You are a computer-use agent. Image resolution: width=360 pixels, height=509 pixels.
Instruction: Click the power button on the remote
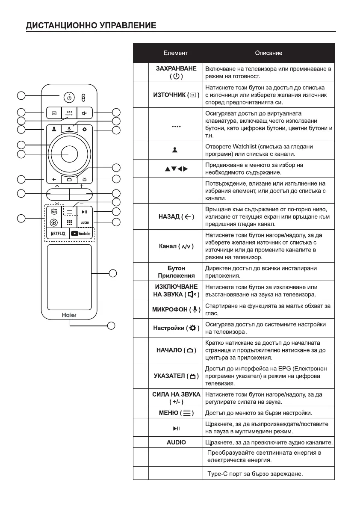(69, 98)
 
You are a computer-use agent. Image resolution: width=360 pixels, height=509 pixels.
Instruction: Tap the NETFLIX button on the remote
(58, 234)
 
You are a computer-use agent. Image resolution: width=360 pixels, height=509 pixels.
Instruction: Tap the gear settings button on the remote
(84, 130)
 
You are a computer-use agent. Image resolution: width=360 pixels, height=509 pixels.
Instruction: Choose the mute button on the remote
(84, 114)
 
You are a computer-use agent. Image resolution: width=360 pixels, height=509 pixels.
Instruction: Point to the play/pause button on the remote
(85, 211)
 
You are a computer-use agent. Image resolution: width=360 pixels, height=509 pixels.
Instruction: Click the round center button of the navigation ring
(69, 154)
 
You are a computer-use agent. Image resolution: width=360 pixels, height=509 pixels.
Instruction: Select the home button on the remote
(69, 180)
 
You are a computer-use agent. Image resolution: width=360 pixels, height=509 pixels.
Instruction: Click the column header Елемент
(175, 53)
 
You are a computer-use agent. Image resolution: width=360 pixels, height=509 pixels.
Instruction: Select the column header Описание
(269, 53)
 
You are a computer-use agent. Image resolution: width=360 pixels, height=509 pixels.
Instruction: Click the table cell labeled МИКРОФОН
(176, 309)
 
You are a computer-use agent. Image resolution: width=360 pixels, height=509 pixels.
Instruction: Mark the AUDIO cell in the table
(176, 442)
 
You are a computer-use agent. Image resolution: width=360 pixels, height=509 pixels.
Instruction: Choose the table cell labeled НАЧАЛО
(176, 350)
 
